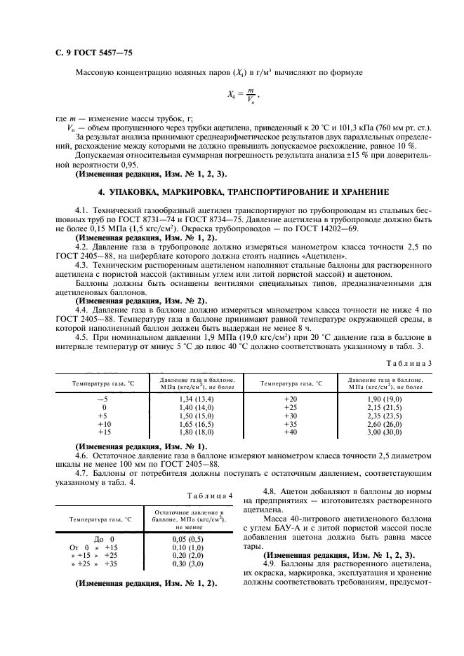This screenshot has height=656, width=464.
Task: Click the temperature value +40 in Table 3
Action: coord(290,432)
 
